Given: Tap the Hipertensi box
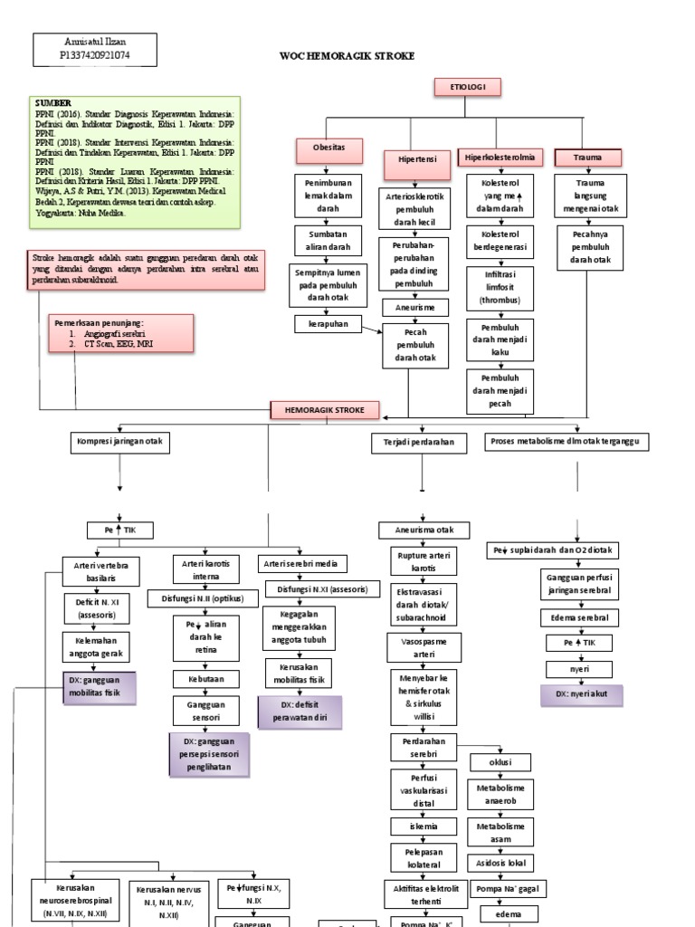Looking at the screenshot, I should point(417,158).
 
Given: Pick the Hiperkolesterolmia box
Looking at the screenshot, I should point(500,158).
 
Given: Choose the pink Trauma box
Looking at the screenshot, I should point(588,158).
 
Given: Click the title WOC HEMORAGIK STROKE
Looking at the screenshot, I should point(347,56).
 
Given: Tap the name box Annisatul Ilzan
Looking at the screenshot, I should point(94,50).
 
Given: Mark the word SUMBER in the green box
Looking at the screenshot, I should point(53,104).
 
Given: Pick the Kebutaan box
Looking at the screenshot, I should point(207,677).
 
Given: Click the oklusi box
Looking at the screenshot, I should point(500,762).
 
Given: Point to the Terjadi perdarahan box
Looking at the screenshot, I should point(419,443).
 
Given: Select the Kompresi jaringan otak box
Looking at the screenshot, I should point(119,443).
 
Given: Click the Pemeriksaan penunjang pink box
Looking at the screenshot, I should point(119,332).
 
